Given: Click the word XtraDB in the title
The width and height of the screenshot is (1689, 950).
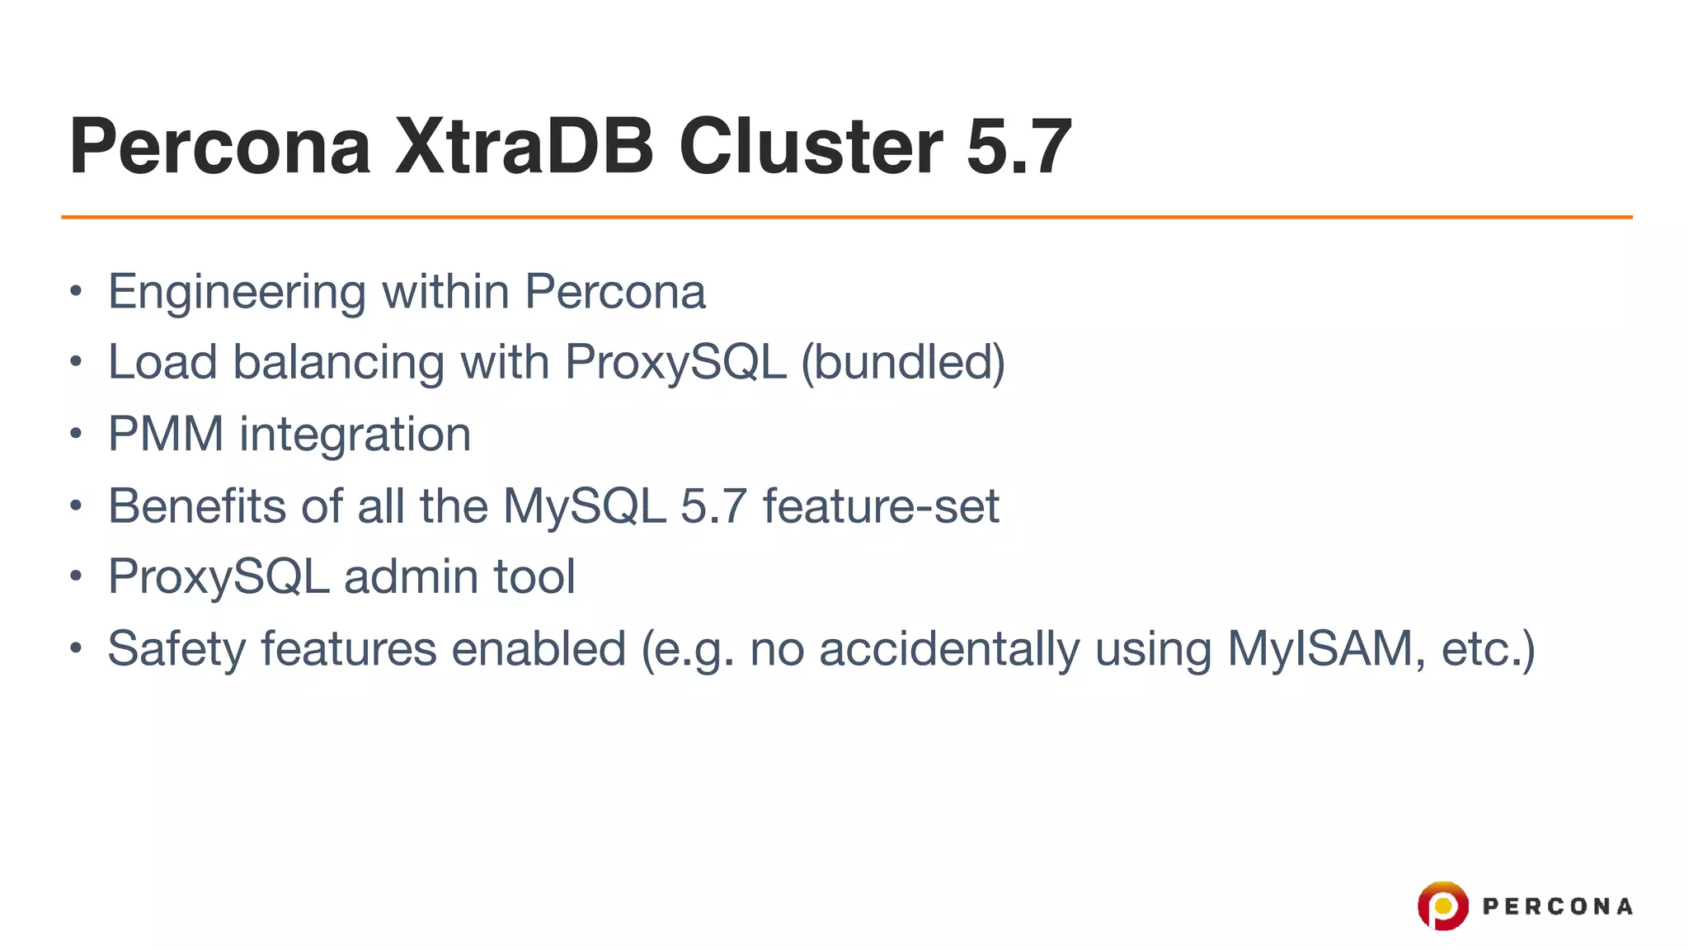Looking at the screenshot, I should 525,147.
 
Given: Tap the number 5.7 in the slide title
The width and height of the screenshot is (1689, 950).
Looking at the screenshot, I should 1019,147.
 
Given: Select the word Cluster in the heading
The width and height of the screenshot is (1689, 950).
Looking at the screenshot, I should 811,147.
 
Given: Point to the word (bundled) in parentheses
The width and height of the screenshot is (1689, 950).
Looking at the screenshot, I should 903,363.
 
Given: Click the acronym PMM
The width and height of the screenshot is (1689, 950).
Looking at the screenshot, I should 166,434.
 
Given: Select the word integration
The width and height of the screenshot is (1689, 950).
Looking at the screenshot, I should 355,435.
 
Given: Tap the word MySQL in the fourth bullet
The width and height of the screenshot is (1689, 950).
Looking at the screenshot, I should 584,506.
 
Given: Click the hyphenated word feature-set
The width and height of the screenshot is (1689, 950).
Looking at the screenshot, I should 881,506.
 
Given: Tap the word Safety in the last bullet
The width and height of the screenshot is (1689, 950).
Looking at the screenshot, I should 176,649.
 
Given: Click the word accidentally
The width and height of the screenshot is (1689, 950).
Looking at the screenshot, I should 949,649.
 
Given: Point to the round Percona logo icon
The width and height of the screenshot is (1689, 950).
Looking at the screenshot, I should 1442,906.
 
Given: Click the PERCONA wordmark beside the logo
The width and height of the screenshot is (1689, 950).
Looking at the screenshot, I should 1557,907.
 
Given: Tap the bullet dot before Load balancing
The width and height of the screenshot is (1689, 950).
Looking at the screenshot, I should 76,362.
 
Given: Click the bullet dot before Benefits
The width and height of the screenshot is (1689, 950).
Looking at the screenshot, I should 76,506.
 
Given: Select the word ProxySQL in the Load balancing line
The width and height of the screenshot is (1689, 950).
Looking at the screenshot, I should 675,363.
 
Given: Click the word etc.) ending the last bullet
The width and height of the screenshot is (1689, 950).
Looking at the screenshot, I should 1488,649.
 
